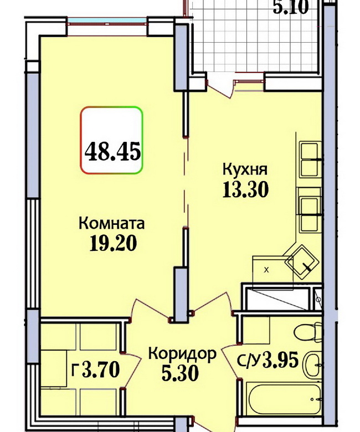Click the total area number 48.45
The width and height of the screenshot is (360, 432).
pyautogui.click(x=112, y=151)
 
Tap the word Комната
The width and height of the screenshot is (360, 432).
pyautogui.click(x=111, y=223)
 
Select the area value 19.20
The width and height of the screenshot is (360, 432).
pyautogui.click(x=113, y=244)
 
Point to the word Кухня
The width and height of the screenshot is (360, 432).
pyautogui.click(x=245, y=169)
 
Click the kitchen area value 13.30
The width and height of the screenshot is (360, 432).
pyautogui.click(x=245, y=190)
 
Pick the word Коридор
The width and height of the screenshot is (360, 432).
pyautogui.click(x=182, y=354)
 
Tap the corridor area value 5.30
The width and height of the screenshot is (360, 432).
pyautogui.click(x=180, y=374)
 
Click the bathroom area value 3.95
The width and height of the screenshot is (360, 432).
pyautogui.click(x=281, y=360)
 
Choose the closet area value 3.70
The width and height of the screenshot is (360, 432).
pyautogui.click(x=101, y=369)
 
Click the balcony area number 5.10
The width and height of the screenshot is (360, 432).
pyautogui.click(x=291, y=7)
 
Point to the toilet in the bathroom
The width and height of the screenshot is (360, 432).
pyautogui.click(x=308, y=332)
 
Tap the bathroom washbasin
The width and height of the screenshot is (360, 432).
pyautogui.click(x=312, y=365)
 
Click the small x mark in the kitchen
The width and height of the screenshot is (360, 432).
pyautogui.click(x=266, y=270)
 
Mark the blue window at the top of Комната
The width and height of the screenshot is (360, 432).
pyautogui.click(x=107, y=20)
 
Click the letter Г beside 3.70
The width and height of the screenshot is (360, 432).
pyautogui.click(x=75, y=370)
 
